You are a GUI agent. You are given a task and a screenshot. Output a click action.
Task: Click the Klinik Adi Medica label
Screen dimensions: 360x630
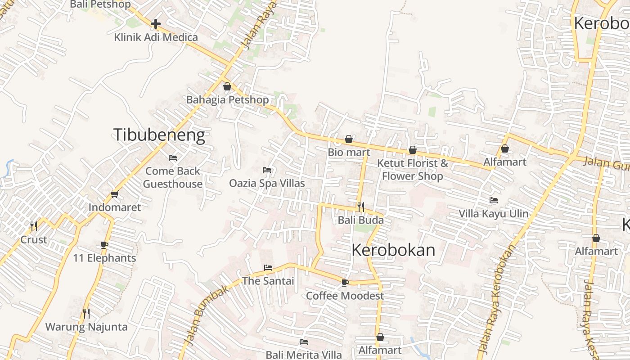click(156, 37)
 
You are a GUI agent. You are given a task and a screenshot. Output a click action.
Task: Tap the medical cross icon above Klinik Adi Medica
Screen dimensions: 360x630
click(156, 23)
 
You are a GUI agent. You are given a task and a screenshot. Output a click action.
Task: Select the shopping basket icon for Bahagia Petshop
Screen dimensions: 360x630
click(227, 86)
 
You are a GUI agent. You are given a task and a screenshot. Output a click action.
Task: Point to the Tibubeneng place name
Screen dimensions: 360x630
click(159, 135)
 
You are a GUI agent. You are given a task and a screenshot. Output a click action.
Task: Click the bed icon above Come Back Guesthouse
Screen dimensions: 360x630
click(172, 158)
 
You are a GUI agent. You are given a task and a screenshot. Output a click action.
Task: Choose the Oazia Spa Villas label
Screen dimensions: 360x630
click(267, 183)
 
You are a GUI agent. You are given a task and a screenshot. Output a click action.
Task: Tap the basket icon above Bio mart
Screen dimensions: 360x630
click(349, 139)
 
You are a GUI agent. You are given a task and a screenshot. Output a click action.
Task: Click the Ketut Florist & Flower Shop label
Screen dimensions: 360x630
click(413, 170)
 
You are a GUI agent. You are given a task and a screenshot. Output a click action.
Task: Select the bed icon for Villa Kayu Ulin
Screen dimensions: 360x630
click(494, 200)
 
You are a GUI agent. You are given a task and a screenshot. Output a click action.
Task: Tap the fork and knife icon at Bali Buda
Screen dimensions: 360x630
click(360, 207)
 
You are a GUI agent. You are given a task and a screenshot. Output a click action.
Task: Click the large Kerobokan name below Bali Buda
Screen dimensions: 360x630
click(393, 250)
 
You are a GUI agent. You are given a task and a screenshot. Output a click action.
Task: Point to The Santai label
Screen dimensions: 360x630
click(268, 281)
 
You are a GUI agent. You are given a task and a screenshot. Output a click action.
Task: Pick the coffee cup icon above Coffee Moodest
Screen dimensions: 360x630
click(345, 283)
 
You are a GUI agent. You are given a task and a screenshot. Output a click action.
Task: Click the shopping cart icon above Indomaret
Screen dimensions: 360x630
click(114, 194)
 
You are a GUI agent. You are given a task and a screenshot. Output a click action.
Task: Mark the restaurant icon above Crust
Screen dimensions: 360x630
click(33, 225)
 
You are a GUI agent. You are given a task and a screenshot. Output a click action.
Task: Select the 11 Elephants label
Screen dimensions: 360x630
click(104, 258)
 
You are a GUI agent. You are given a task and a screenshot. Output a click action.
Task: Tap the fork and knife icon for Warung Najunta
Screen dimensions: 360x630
click(86, 313)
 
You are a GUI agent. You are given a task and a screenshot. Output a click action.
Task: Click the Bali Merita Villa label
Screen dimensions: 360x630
click(304, 355)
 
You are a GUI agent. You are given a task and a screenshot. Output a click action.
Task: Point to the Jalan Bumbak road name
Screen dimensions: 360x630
click(208, 315)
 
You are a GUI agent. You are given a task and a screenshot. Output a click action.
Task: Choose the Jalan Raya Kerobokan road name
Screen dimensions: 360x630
click(497, 297)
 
